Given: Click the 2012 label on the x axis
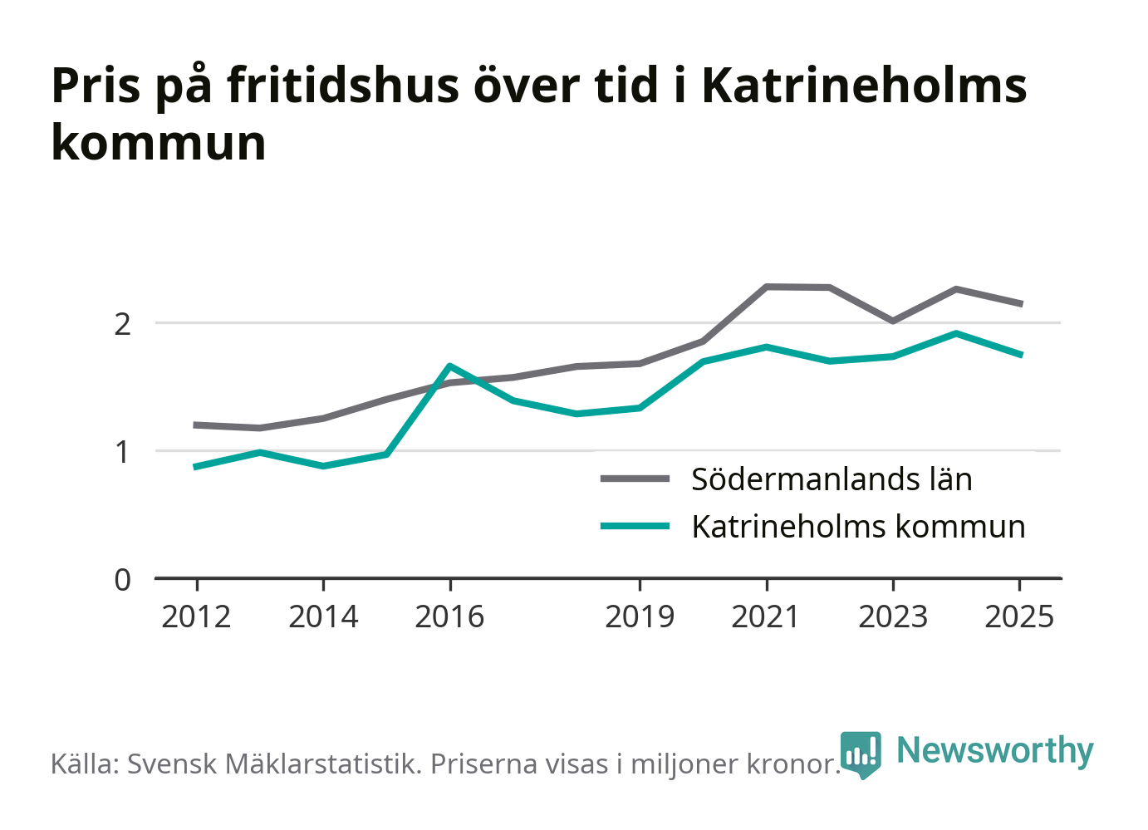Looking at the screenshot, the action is (x=196, y=616).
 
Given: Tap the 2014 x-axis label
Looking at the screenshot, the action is (x=323, y=616).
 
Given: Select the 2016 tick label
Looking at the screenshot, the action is (x=449, y=616).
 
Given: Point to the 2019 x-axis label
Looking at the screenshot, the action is (x=640, y=616).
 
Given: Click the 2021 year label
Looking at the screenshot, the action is (x=766, y=616).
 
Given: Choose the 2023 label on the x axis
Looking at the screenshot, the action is (x=893, y=616).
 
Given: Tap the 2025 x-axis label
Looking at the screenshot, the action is (x=1019, y=616).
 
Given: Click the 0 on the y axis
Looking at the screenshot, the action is (x=122, y=580).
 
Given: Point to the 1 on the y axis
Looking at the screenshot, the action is (x=122, y=453).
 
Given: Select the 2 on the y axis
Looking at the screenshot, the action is (x=122, y=325).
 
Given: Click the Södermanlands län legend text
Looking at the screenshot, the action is (x=832, y=479).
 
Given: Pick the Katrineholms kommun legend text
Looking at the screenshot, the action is (x=858, y=527).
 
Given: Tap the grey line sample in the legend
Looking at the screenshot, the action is (x=635, y=479).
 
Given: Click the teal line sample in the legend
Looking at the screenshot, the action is (x=635, y=525).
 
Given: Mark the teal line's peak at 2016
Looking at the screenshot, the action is (x=449, y=366).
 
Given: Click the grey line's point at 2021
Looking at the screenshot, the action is (x=766, y=287).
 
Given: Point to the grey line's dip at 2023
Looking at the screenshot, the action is (x=893, y=321).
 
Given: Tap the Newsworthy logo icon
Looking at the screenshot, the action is (x=861, y=754).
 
